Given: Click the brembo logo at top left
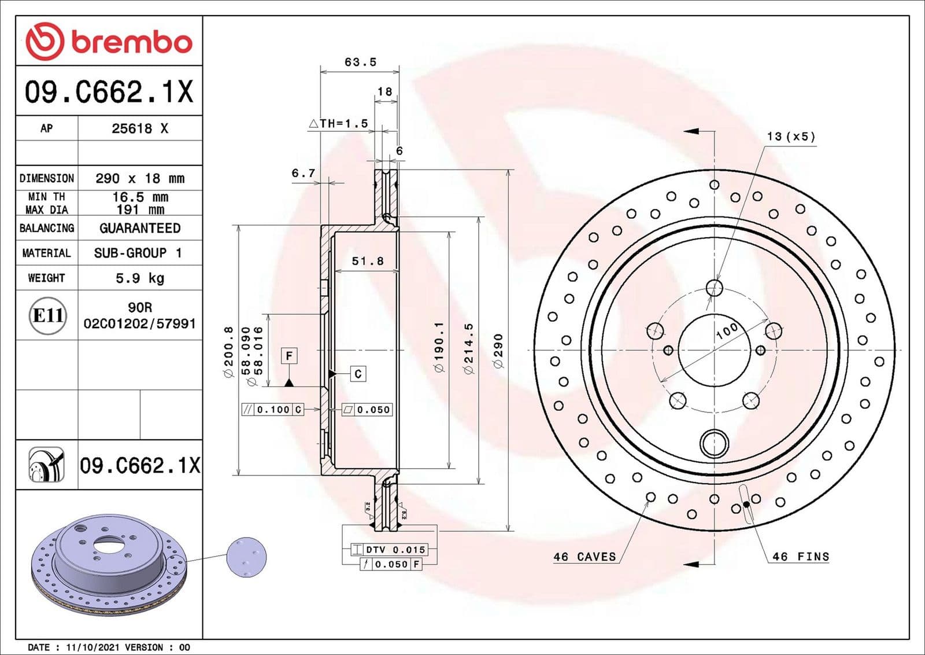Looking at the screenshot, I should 109,42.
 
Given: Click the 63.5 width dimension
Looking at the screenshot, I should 360,62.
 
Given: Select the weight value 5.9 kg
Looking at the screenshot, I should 140,278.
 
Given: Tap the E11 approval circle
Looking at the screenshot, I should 48,315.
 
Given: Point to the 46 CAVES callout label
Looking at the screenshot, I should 584,557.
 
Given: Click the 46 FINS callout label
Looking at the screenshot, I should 801,557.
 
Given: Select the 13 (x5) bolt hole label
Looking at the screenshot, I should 791,137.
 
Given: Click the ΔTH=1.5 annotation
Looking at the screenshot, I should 338,123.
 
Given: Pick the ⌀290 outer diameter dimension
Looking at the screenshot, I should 498,350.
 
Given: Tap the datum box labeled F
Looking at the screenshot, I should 289,355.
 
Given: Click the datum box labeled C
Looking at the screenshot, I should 358,374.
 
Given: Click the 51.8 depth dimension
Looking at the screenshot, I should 368,261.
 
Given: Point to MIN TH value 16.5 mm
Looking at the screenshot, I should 140,197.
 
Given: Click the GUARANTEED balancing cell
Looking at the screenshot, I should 140,228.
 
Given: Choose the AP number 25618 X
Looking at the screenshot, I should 140,128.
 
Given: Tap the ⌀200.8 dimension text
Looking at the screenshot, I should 228,352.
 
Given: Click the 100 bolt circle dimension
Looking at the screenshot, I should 727,331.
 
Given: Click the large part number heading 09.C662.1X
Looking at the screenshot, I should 109,91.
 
